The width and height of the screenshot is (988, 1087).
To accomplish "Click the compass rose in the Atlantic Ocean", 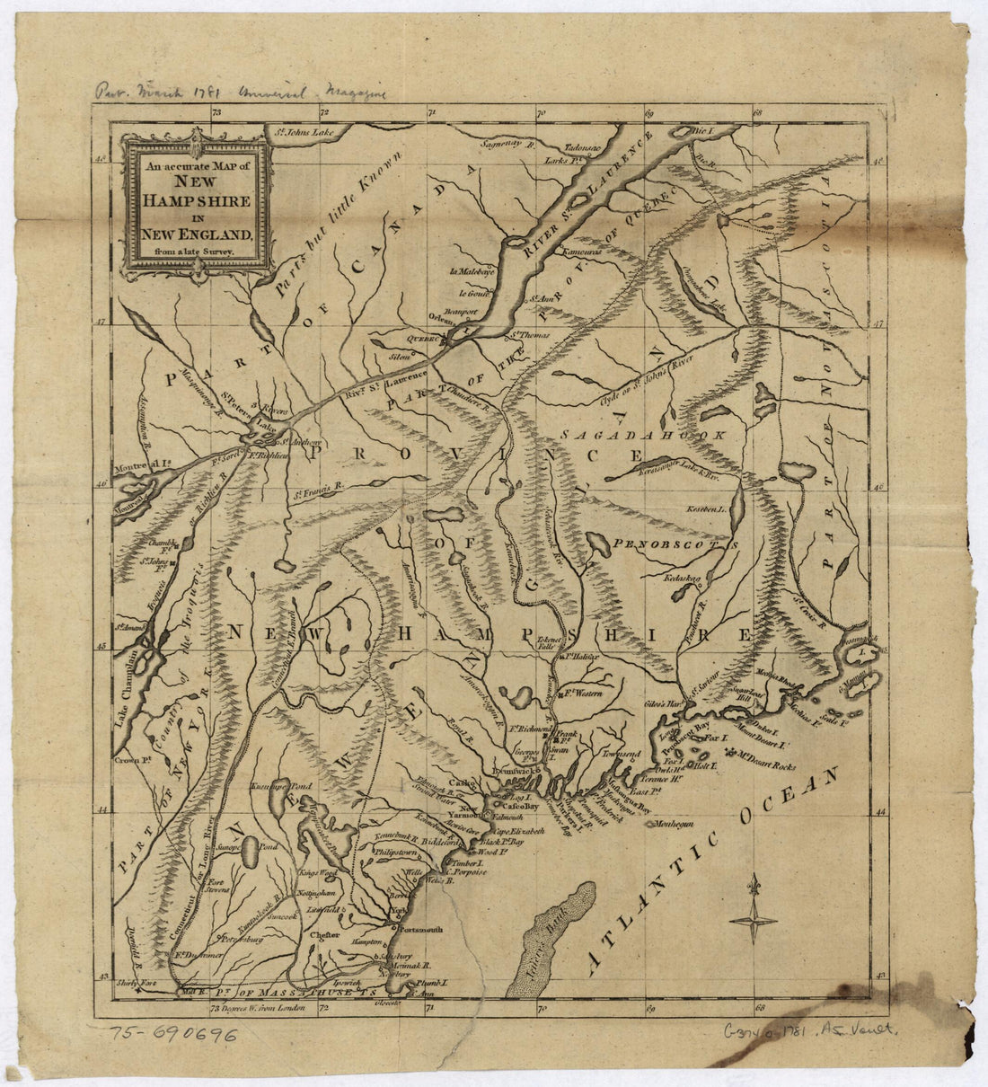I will [753, 917].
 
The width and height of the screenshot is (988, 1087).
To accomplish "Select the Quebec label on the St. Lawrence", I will [424, 340].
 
